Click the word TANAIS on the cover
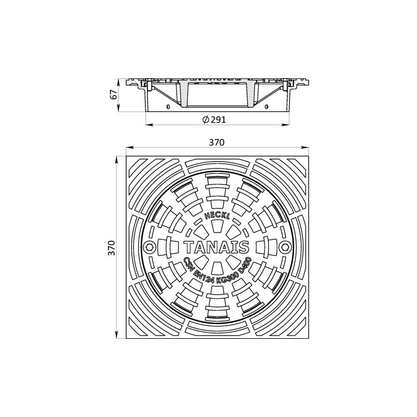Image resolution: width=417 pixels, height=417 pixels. pyautogui.click(x=217, y=247)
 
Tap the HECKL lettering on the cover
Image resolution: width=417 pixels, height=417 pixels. pyautogui.click(x=217, y=216)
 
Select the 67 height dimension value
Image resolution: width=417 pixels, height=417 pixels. pyautogui.click(x=114, y=95)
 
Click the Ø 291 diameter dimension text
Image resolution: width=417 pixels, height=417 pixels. pyautogui.click(x=214, y=120)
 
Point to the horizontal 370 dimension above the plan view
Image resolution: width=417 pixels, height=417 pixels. pyautogui.click(x=217, y=142)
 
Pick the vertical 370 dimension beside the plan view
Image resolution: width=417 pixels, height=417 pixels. pyautogui.click(x=112, y=248)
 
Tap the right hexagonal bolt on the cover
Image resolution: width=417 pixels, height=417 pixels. pyautogui.click(x=285, y=247)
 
